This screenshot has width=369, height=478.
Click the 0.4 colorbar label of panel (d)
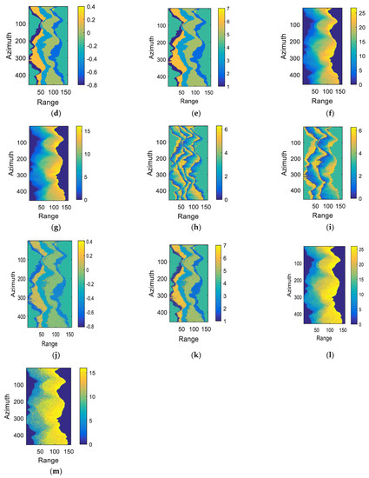point(113,8)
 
